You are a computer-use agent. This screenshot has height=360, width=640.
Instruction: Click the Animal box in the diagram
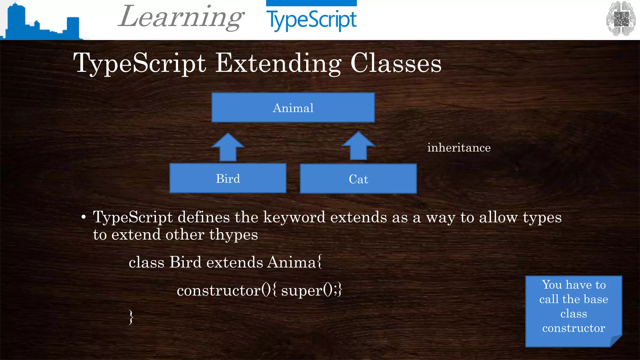tap(293, 107)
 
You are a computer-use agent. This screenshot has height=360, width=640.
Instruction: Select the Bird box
tap(228, 178)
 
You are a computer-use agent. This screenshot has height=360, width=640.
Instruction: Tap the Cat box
tap(358, 179)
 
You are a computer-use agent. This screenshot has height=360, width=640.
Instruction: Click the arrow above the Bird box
tap(228, 147)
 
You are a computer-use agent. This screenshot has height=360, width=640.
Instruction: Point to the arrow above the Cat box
tap(358, 146)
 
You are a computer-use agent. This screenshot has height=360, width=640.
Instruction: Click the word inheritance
tap(459, 148)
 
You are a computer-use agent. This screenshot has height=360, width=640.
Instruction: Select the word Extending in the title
tap(278, 63)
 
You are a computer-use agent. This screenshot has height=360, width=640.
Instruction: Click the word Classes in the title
tap(396, 63)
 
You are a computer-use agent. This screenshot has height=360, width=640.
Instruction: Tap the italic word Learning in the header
tap(181, 17)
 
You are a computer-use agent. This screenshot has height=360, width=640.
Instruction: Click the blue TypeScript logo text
tap(311, 20)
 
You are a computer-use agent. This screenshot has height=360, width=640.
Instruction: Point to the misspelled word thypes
tap(233, 235)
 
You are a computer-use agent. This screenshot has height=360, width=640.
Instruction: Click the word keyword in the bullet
tap(294, 217)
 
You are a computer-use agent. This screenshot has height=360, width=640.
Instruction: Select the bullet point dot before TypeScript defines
tap(83, 217)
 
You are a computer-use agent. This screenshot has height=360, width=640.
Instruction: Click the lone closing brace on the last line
tap(131, 317)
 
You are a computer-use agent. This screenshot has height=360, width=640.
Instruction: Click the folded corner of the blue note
tap(616, 341)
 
